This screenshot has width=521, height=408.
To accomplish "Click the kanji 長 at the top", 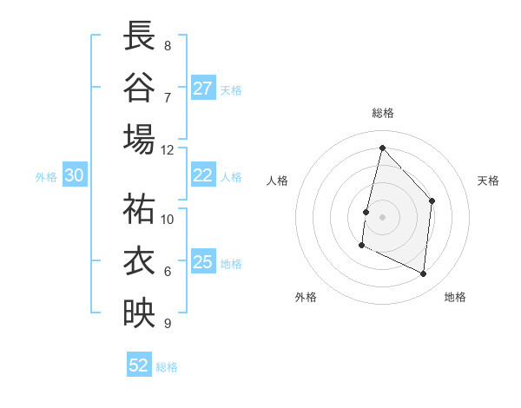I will pyautogui.click(x=139, y=36).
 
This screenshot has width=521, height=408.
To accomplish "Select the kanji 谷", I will pyautogui.click(x=139, y=87).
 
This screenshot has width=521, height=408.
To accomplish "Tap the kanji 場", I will pyautogui.click(x=139, y=139).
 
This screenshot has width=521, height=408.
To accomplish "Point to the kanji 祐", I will pyautogui.click(x=139, y=208).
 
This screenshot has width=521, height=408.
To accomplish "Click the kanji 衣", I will pyautogui.click(x=139, y=260).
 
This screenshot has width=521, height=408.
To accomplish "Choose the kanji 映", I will pyautogui.click(x=139, y=313).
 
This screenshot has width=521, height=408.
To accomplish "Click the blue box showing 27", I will pyautogui.click(x=203, y=89).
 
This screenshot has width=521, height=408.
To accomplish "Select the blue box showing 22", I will pyautogui.click(x=203, y=175).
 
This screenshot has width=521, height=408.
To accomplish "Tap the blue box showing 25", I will pyautogui.click(x=203, y=262).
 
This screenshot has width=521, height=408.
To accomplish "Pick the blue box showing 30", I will pyautogui.click(x=75, y=175).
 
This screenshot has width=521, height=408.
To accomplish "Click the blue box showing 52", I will pyautogui.click(x=139, y=365).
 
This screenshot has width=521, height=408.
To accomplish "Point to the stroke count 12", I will pyautogui.click(x=168, y=149).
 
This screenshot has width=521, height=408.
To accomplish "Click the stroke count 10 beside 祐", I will pyautogui.click(x=168, y=219).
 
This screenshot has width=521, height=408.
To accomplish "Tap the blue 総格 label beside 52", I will pyautogui.click(x=168, y=367).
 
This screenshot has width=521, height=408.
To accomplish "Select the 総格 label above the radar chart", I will pyautogui.click(x=382, y=114).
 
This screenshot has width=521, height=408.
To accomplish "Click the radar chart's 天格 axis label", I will pyautogui.click(x=488, y=181).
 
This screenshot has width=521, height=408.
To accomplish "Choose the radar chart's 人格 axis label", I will pyautogui.click(x=277, y=181).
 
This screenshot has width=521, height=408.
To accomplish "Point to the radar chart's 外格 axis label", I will pyautogui.click(x=305, y=298).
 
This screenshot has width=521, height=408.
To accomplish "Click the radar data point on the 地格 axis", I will pyautogui.click(x=424, y=274).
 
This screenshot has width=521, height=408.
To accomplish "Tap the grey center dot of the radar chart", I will pyautogui.click(x=382, y=217).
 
